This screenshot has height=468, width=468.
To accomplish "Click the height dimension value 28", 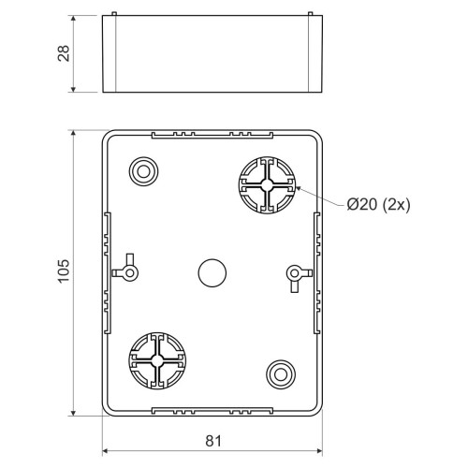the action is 64,53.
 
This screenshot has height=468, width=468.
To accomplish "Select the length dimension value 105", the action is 64,271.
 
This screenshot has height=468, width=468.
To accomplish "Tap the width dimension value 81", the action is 213,441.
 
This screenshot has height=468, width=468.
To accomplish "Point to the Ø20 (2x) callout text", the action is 378,205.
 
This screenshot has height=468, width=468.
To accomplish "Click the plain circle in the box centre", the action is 212,272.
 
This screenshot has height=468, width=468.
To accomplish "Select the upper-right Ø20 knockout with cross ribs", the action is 267,185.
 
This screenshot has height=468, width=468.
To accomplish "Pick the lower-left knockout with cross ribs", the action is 157,360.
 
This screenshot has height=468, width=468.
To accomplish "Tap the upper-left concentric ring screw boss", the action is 143,171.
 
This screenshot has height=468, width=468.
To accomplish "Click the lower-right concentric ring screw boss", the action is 281,374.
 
